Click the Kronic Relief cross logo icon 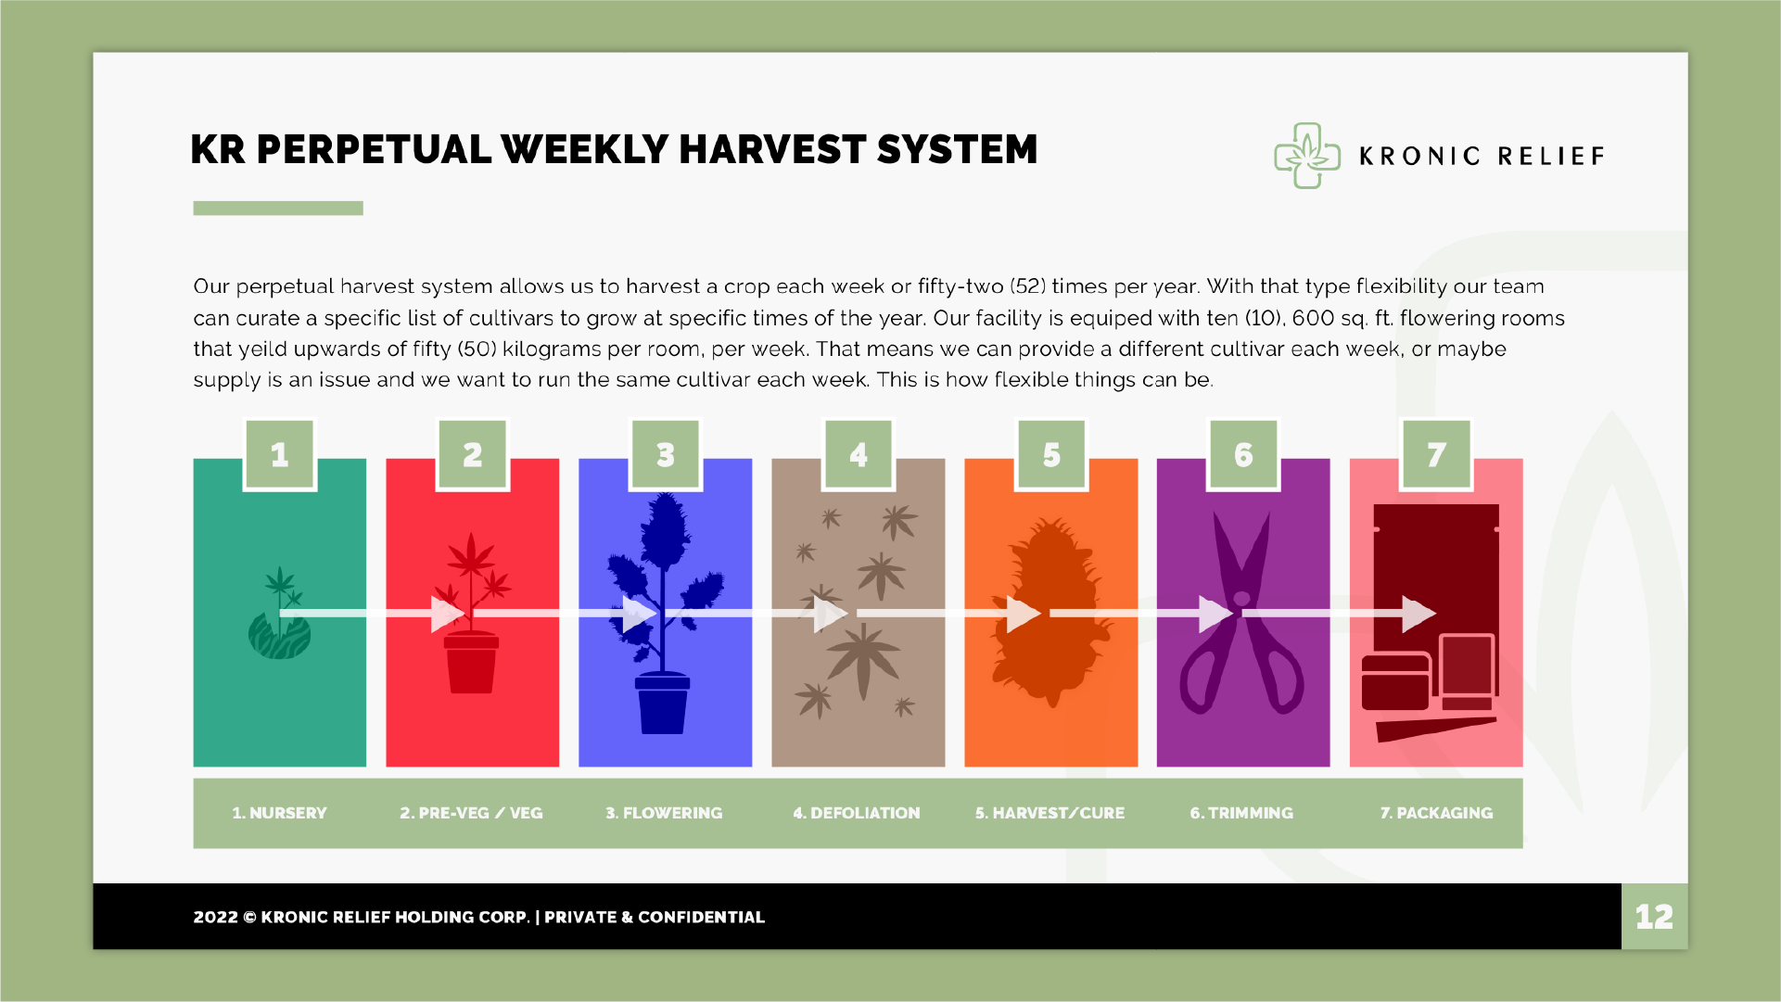(x=1306, y=156)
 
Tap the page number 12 (x=1654, y=917)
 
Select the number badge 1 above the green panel (x=280, y=454)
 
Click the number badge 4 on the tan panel (x=859, y=454)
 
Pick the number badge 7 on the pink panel (x=1436, y=454)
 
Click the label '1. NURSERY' (x=279, y=813)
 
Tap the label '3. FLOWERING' (x=664, y=813)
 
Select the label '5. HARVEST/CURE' (x=1050, y=813)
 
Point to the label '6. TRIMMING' (x=1241, y=813)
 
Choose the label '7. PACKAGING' (x=1436, y=813)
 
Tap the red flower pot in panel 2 (x=472, y=662)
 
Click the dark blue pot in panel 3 (x=663, y=704)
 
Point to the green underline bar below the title (x=278, y=209)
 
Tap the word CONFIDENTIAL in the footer (x=701, y=917)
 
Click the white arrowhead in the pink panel (x=1418, y=614)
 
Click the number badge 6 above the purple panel (x=1243, y=454)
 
